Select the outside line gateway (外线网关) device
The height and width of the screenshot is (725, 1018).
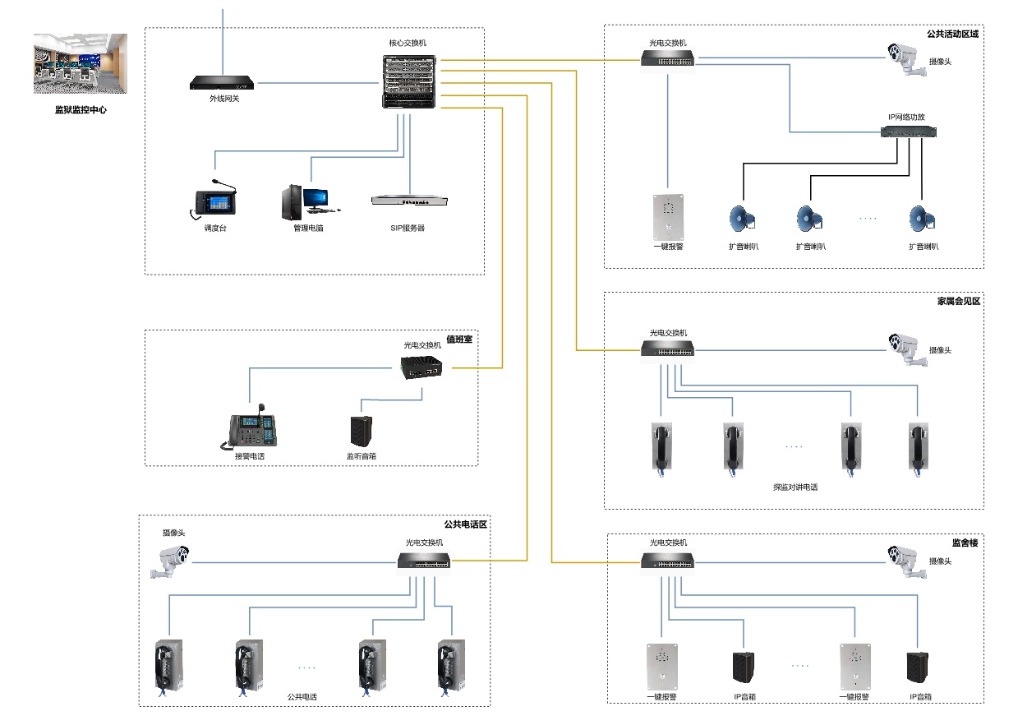click(x=223, y=83)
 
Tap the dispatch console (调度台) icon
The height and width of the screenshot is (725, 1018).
click(x=213, y=202)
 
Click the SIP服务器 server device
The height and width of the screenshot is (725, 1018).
click(x=409, y=200)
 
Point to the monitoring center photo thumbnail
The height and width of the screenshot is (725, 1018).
click(x=81, y=63)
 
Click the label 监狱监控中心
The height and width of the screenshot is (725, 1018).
click(x=81, y=109)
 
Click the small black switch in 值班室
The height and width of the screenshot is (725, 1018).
click(x=421, y=367)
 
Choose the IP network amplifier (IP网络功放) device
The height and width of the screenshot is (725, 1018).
click(x=908, y=132)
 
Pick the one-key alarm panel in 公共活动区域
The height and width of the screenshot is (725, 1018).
click(x=669, y=215)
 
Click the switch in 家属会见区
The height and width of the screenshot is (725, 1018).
click(x=668, y=350)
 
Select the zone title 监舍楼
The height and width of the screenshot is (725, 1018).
click(x=965, y=543)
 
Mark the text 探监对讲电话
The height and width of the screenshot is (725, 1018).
click(x=795, y=487)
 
